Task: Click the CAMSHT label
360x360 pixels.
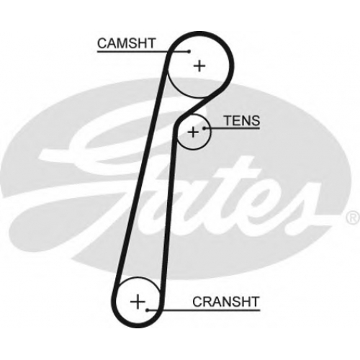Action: (x=126, y=43)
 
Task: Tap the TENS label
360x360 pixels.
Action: (x=242, y=120)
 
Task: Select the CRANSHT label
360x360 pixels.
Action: (x=226, y=302)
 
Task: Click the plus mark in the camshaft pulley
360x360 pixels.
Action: (x=199, y=66)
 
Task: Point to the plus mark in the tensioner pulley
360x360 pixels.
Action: (x=193, y=132)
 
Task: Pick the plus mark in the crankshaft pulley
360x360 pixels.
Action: (x=138, y=302)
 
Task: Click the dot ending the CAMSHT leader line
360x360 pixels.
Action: (x=189, y=51)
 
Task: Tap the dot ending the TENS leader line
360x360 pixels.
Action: (x=204, y=128)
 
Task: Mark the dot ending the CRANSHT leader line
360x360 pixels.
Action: (x=148, y=310)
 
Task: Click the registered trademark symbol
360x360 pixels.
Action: (x=354, y=217)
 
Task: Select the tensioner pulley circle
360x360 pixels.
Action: (x=194, y=150)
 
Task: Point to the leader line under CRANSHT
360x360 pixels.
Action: (x=204, y=310)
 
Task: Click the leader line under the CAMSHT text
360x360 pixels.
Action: (x=143, y=51)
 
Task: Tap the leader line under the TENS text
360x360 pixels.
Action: (x=232, y=128)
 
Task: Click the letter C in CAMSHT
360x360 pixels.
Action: (x=102, y=43)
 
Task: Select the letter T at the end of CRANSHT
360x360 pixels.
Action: (x=255, y=302)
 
